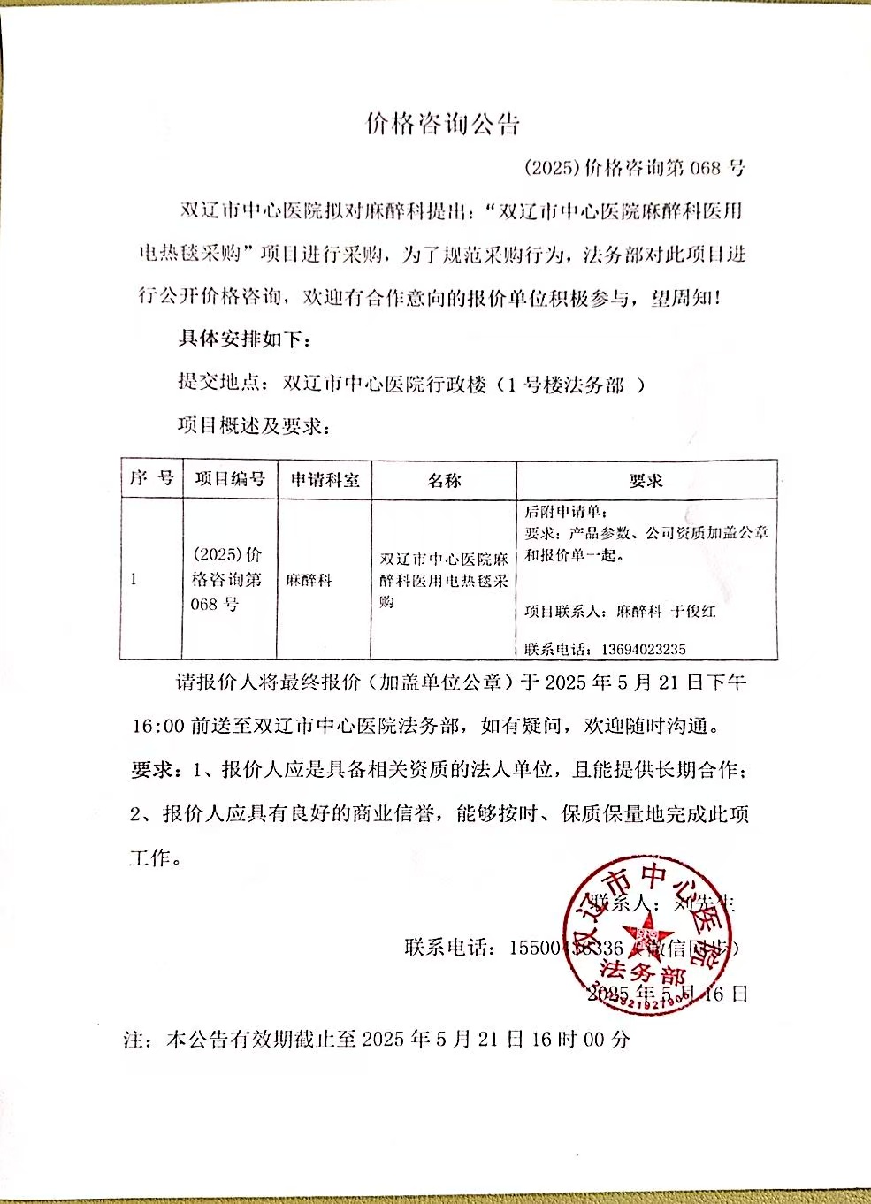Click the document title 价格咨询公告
click(x=442, y=124)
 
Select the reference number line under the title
click(x=634, y=167)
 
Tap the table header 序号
click(x=151, y=478)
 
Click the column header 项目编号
click(x=230, y=478)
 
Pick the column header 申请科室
click(x=325, y=479)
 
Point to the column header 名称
click(x=444, y=480)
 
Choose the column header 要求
click(x=646, y=480)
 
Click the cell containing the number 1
click(x=134, y=579)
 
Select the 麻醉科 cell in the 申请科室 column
click(x=309, y=581)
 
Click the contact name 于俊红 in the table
click(x=693, y=611)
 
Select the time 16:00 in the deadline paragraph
click(x=158, y=726)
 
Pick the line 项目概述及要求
click(x=253, y=426)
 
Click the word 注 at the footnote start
click(x=134, y=1040)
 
